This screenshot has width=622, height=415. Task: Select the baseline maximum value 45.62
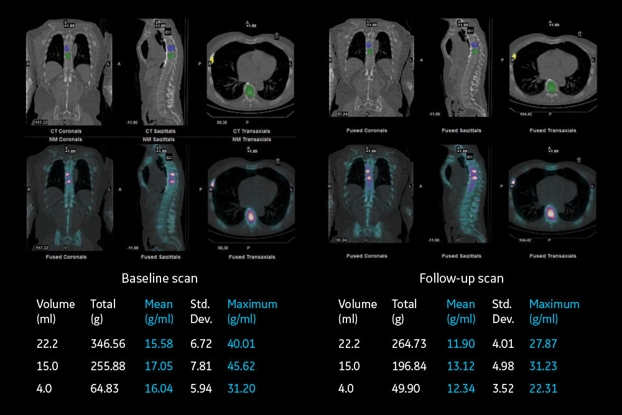click(x=241, y=366)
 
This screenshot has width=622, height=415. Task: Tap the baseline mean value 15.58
click(x=159, y=344)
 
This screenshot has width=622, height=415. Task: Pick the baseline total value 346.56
click(x=108, y=344)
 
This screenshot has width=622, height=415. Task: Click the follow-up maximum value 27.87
click(x=543, y=344)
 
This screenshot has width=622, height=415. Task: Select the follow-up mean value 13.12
click(x=460, y=366)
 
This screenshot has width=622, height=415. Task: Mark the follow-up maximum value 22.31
click(x=543, y=388)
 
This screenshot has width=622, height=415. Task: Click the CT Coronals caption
click(x=66, y=132)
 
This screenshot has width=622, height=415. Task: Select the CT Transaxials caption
click(x=250, y=132)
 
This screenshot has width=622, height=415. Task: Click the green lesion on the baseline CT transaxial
click(x=249, y=91)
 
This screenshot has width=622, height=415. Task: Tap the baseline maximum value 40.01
click(x=241, y=344)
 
